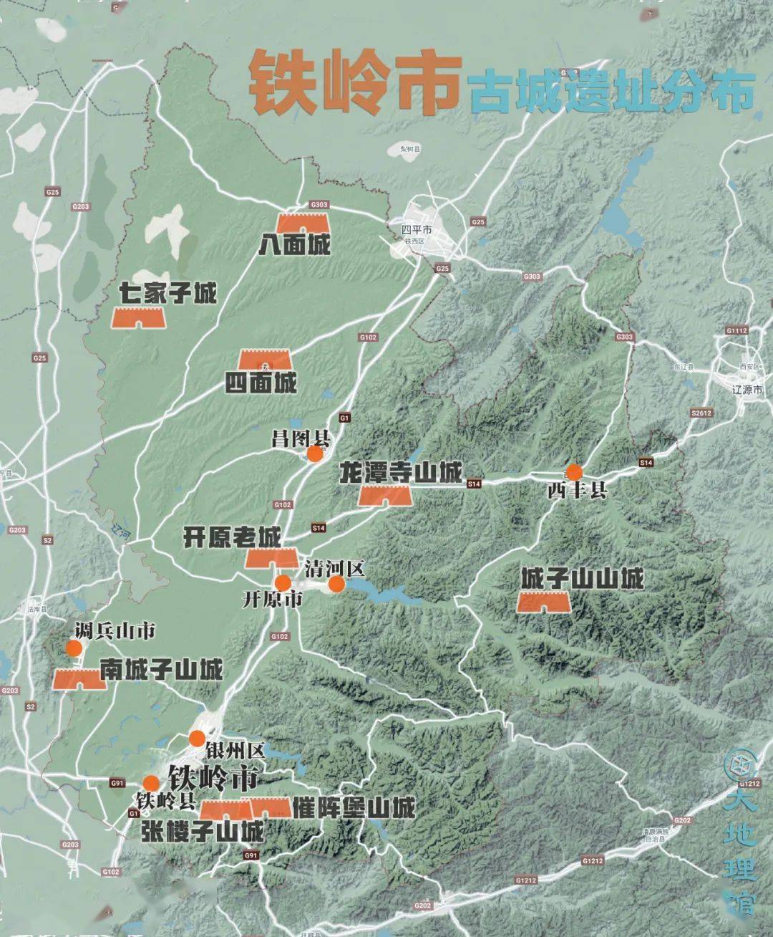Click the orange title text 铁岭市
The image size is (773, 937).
[x=354, y=83]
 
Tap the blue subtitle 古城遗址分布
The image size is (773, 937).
[x=613, y=91]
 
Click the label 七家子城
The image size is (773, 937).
[x=169, y=292]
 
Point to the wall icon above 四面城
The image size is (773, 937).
[x=266, y=360]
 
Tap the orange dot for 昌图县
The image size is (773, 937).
[x=314, y=453]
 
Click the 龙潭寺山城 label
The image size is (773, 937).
[x=401, y=473]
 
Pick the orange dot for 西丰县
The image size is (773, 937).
[x=574, y=471]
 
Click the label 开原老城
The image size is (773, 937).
[x=233, y=537]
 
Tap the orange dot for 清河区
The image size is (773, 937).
[x=336, y=585]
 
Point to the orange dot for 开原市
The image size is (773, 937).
[x=283, y=582]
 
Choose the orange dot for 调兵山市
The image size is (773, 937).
[x=73, y=648]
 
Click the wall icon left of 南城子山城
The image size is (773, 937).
[x=80, y=678]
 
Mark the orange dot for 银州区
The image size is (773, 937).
[x=197, y=739]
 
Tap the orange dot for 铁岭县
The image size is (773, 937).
[x=150, y=782]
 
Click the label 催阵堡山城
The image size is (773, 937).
[x=354, y=808]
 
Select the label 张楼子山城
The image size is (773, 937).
[x=203, y=832]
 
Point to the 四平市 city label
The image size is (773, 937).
[x=417, y=230]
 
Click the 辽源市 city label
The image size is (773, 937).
[x=748, y=390]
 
